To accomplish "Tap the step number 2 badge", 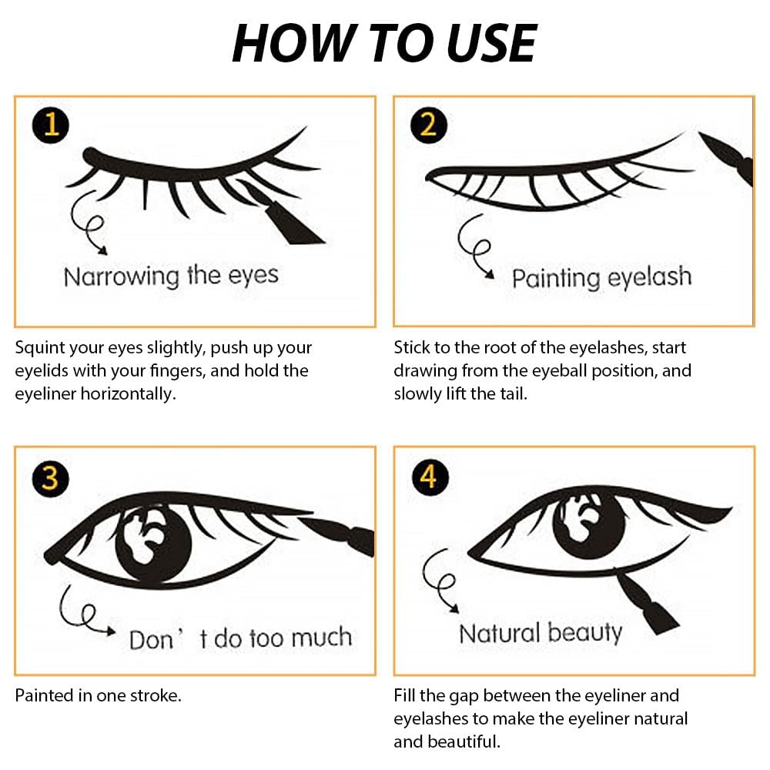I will [x=429, y=124].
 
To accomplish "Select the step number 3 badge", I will [x=50, y=478].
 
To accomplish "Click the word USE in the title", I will [x=488, y=43].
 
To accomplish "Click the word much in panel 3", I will [x=324, y=638].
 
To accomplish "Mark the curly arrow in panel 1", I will [x=89, y=227].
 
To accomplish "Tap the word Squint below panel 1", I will [x=41, y=348].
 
